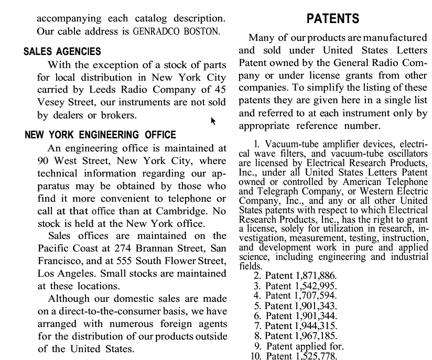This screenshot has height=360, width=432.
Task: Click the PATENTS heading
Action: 332,19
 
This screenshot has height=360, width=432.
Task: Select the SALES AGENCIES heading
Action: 62,52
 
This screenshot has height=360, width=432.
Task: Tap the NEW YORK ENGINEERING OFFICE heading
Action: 100,135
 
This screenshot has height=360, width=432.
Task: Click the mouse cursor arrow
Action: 213,121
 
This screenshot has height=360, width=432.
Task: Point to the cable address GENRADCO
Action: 153,31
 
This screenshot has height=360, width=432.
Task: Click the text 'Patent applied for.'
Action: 305,346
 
